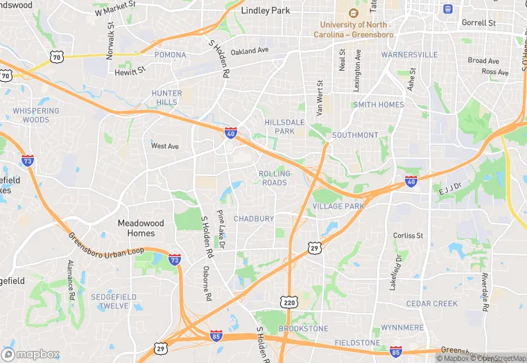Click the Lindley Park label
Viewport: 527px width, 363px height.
(x=266, y=11)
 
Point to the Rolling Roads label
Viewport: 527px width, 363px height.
(x=275, y=178)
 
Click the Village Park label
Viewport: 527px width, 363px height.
(x=338, y=206)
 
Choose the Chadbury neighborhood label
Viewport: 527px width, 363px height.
(x=254, y=219)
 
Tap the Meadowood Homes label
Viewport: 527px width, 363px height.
(x=141, y=228)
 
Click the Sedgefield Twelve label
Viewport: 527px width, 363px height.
(x=110, y=301)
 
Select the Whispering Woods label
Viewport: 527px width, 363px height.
(x=35, y=115)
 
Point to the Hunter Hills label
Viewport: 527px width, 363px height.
(x=166, y=98)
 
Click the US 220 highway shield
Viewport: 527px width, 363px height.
(x=290, y=303)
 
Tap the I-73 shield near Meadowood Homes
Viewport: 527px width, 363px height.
(x=175, y=260)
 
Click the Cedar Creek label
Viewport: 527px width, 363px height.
(x=431, y=303)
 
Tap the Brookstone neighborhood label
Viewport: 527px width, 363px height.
(x=303, y=328)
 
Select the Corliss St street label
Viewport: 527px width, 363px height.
(x=408, y=236)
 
